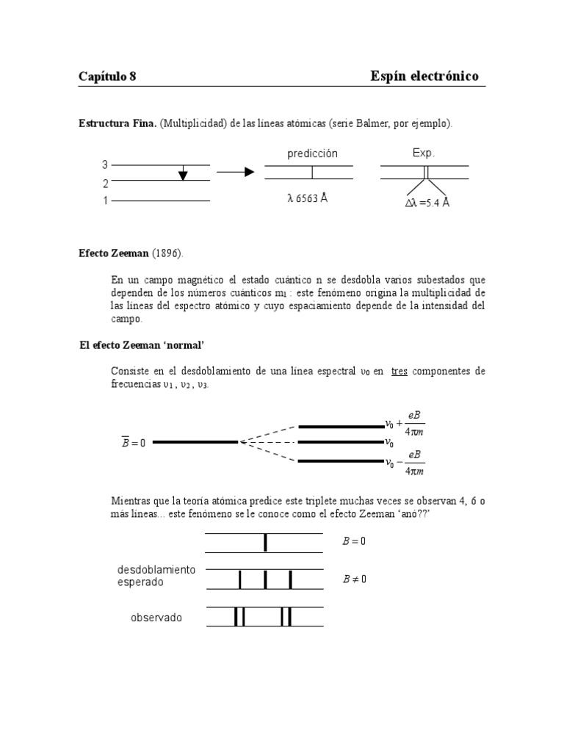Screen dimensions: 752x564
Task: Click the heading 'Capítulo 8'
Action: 107,76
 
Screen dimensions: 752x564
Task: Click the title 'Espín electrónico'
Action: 425,76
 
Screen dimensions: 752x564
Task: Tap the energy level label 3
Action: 105,165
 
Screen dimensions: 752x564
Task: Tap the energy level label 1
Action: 105,200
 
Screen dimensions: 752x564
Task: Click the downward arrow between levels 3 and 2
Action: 183,173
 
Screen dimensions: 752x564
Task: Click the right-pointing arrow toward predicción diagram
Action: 235,172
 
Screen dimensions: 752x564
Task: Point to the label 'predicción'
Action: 312,153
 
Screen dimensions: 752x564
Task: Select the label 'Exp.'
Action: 424,153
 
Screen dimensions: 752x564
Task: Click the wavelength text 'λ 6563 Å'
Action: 307,199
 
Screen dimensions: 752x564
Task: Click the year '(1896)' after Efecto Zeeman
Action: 169,253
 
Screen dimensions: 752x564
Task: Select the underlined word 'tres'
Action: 399,372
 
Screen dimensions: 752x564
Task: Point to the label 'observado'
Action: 156,618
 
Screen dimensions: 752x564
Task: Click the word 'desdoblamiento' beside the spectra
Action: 156,570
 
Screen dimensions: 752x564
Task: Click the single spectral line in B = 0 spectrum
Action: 265,543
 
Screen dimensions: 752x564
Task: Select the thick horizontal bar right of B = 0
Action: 195,442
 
